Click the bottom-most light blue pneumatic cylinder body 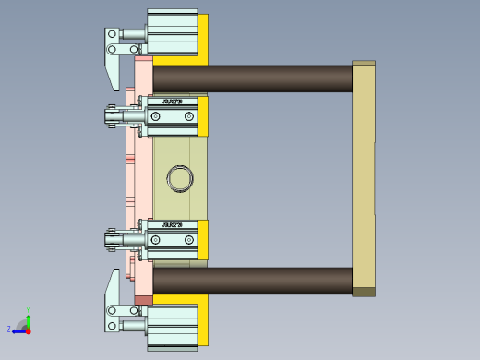[x=173, y=326]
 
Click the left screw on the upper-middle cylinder [x=156, y=117]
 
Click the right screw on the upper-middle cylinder [x=189, y=117]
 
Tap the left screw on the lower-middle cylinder [x=156, y=241]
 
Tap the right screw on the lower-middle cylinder [x=189, y=241]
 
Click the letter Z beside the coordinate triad [x=9, y=329]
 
